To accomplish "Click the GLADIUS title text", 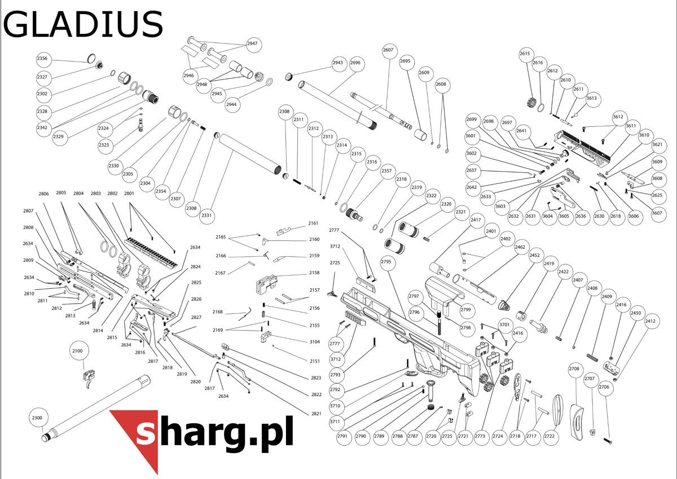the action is coord(83,24).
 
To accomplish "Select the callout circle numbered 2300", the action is coord(37,418).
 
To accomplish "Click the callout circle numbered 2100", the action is coord(77,351).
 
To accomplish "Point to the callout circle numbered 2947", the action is coord(252,43).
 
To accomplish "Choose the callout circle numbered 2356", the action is coord(42,58).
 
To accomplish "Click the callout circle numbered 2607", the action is coord(388,50).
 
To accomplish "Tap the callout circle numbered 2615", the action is coord(525,54).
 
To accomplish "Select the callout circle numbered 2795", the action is coord(386,262).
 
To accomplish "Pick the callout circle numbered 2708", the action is coord(574,368).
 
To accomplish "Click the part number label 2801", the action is coord(129,194).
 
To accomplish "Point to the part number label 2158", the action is coord(314,273).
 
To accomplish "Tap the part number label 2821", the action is coord(316,414).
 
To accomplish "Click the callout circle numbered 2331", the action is coord(206,216).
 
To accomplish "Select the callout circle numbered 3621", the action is coord(657,144).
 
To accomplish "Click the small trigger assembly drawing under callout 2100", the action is coord(89,379).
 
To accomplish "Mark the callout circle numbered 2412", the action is coord(650,321).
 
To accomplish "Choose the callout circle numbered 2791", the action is coord(342,436).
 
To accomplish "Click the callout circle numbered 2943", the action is coord(337,63).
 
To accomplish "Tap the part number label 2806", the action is coord(43,194).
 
